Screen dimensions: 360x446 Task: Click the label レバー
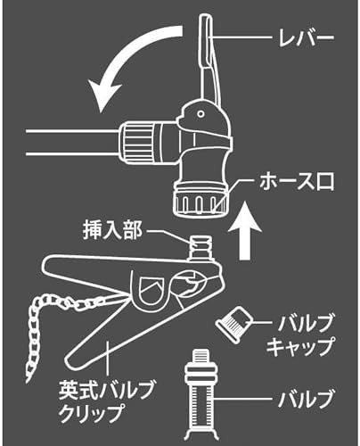306,38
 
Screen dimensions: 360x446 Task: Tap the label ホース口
297,181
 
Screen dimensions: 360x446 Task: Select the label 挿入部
112,230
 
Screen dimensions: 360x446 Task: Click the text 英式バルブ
106,391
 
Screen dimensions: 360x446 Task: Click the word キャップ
299,347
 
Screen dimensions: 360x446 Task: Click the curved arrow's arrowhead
105,95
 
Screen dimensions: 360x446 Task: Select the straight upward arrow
244,231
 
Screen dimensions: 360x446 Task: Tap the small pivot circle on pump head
201,113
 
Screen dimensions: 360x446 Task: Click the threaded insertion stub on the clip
201,247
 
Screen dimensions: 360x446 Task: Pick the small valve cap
234,325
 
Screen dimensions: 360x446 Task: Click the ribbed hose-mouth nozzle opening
200,202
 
